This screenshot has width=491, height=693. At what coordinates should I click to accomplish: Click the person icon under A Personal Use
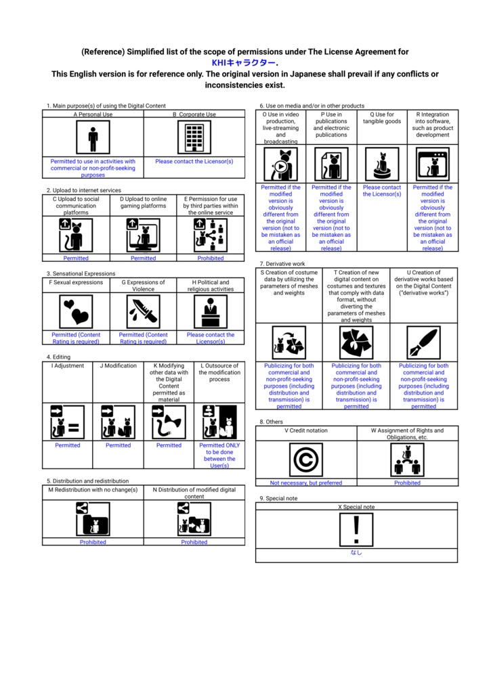pyautogui.click(x=93, y=139)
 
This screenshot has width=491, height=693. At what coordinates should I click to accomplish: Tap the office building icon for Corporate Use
pyautogui.click(x=194, y=139)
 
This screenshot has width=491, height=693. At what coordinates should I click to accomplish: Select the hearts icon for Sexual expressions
pyautogui.click(x=76, y=312)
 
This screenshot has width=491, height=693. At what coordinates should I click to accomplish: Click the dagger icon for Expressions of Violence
pyautogui.click(x=143, y=312)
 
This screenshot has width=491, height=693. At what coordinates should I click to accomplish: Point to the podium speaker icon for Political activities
pyautogui.click(x=211, y=312)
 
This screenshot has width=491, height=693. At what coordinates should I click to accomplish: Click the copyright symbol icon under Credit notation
pyautogui.click(x=305, y=460)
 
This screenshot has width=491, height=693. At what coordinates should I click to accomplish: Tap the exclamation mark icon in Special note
pyautogui.click(x=356, y=529)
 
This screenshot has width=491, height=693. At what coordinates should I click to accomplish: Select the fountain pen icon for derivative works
pyautogui.click(x=423, y=342)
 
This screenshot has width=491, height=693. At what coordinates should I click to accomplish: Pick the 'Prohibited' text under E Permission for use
pyautogui.click(x=211, y=258)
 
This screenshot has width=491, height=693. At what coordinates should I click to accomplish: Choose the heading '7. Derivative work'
pyautogui.click(x=282, y=263)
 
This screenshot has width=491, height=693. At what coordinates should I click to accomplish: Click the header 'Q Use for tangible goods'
pyautogui.click(x=382, y=118)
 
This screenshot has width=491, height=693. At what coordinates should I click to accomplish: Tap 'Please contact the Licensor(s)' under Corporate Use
pyautogui.click(x=194, y=162)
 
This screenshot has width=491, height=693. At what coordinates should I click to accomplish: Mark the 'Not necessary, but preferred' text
pyautogui.click(x=305, y=483)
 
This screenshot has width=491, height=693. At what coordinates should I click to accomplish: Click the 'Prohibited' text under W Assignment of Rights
pyautogui.click(x=407, y=483)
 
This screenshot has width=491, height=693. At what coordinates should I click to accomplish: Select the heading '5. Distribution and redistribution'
pyautogui.click(x=87, y=481)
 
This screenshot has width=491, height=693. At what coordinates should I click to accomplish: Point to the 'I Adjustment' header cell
pyautogui.click(x=68, y=366)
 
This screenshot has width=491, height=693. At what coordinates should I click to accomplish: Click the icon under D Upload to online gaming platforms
pyautogui.click(x=143, y=236)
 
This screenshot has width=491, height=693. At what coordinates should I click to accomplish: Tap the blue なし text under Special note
pyautogui.click(x=356, y=552)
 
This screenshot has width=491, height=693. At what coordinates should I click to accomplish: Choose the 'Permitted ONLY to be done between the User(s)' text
pyautogui.click(x=219, y=455)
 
